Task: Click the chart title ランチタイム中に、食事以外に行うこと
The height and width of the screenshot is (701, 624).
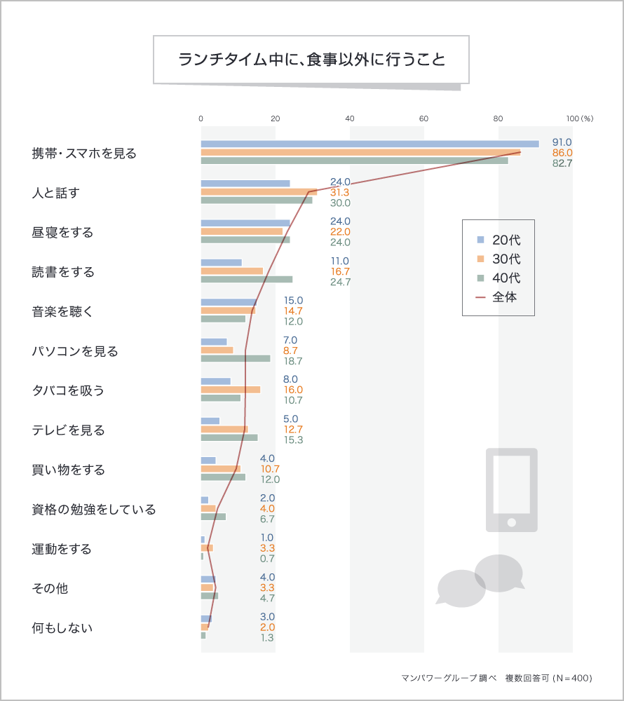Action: point(311,59)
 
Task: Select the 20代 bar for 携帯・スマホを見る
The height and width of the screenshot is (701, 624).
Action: point(369,144)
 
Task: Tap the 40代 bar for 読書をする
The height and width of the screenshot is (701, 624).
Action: point(247,279)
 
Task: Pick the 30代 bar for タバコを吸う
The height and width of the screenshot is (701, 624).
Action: point(231,389)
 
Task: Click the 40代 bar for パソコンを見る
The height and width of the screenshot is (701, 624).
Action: point(236,358)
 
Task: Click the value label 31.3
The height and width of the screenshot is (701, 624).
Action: point(340,192)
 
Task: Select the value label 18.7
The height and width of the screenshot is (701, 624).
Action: point(292,361)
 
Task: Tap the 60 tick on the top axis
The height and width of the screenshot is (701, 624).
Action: point(423,118)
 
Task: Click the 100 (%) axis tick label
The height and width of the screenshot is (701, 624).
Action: point(579,118)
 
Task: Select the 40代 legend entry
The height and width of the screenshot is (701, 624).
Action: point(498,278)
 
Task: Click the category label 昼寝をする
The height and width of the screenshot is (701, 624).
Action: point(62,232)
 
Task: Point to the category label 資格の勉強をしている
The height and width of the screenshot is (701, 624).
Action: point(93,509)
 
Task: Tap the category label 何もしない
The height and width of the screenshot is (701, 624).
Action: point(62,627)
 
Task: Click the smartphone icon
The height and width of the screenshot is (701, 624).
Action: point(512,490)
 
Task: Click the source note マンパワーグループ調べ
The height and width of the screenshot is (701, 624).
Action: point(449,678)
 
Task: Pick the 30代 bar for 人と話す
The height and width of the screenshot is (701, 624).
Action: point(259,192)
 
